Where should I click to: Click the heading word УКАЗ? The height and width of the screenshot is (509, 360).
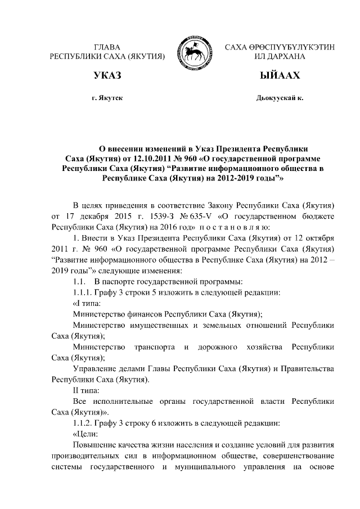click(107, 75)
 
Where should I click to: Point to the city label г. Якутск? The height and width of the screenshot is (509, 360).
click(107, 98)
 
